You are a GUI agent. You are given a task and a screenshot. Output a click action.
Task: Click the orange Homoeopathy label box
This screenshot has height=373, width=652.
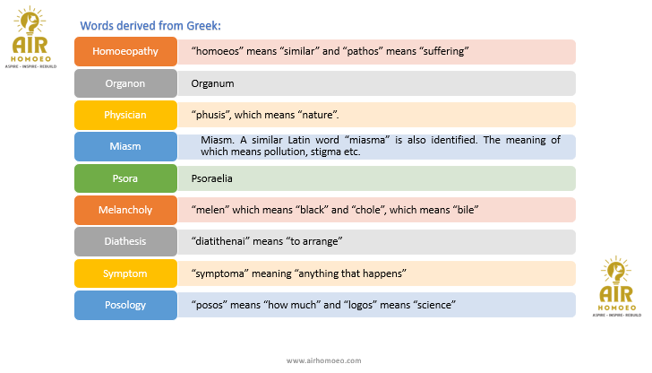[125, 52]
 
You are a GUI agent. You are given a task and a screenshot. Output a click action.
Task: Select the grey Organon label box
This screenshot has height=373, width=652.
[125, 83]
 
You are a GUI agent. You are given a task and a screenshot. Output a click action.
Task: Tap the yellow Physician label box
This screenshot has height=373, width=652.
[125, 115]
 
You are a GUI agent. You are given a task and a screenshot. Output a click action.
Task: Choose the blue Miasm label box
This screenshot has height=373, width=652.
[125, 146]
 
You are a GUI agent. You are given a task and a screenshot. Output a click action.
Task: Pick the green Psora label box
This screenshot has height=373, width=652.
[125, 178]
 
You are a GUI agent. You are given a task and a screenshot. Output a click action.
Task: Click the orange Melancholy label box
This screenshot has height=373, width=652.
[125, 210]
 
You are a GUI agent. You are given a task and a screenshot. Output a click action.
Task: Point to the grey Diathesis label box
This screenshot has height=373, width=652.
[125, 242]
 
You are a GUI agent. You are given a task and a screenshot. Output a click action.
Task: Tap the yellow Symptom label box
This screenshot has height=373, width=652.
[125, 273]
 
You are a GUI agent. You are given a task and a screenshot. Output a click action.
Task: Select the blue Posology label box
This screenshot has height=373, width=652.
[125, 305]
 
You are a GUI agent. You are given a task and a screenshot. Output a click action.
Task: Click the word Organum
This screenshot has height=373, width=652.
[212, 84]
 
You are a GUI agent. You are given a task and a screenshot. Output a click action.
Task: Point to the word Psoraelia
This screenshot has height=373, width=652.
[211, 178]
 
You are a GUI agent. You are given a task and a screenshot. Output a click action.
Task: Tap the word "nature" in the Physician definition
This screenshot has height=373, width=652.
[318, 115]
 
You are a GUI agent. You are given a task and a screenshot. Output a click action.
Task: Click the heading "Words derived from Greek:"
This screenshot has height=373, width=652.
[150, 26]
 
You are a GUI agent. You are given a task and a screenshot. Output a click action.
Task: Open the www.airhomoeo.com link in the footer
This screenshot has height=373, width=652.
[324, 360]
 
